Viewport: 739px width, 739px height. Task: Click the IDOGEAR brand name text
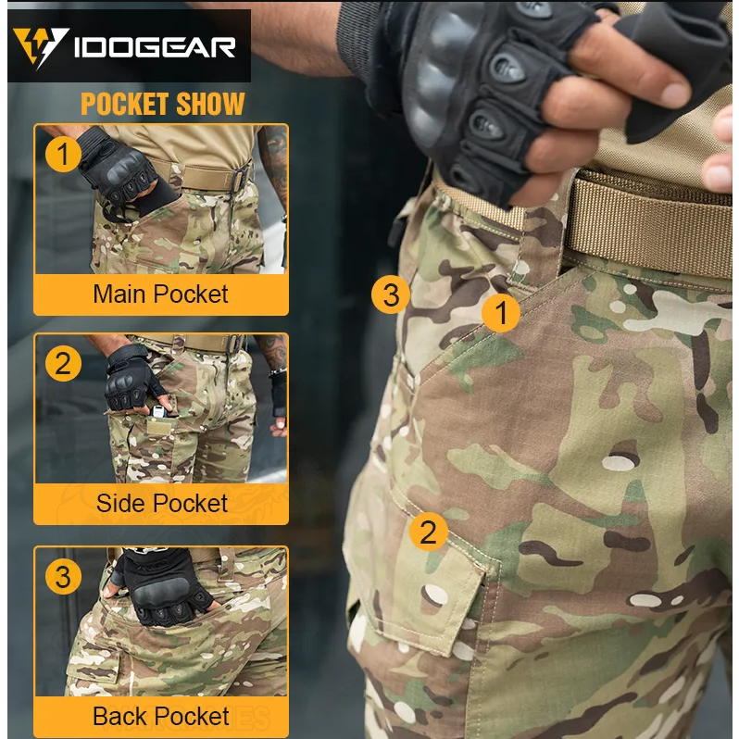coord(155,47)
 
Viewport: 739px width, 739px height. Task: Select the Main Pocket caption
coord(161,294)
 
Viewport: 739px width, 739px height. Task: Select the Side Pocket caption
coord(162,503)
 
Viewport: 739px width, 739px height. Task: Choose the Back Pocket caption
coord(161,717)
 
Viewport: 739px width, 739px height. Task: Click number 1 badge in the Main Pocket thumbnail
coord(63,154)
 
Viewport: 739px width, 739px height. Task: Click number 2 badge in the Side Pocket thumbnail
coord(63,363)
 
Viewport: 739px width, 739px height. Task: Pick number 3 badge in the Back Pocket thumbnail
coord(63,577)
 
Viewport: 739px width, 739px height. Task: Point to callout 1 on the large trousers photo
coord(501,313)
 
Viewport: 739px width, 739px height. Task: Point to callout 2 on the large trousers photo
coord(429,532)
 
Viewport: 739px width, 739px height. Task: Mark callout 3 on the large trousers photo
coord(391,295)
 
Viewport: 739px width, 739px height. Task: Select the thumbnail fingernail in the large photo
coord(675,94)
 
